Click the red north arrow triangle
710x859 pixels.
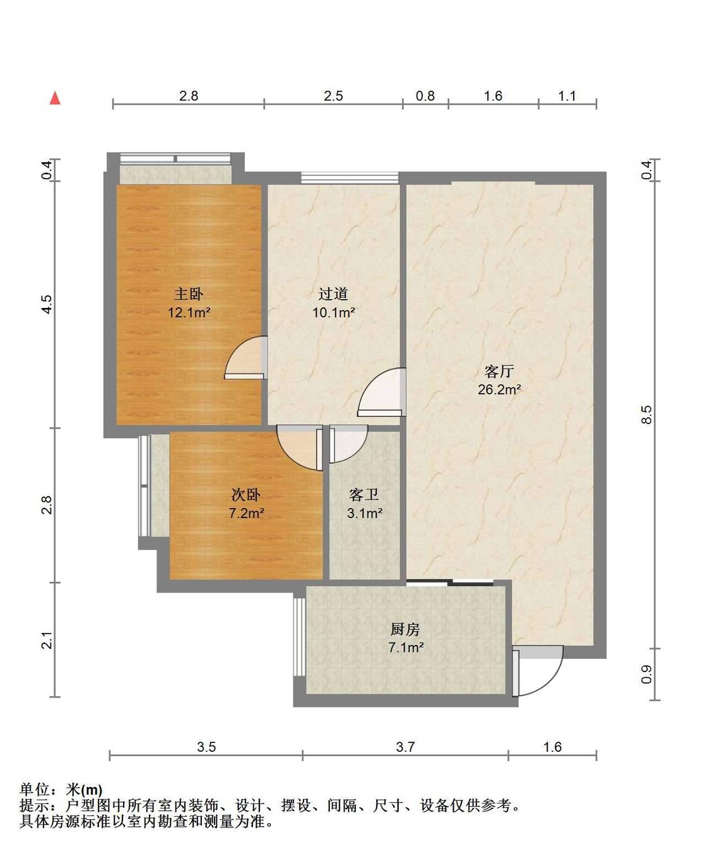(x=55, y=98)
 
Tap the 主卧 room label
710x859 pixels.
(x=189, y=293)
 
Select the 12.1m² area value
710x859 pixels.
(x=189, y=312)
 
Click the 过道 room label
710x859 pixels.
(x=333, y=293)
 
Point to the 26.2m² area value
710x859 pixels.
(x=499, y=389)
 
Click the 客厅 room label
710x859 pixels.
(x=499, y=371)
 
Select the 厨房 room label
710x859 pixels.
(x=406, y=629)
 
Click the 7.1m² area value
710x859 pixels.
(x=406, y=648)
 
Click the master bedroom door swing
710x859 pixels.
(x=245, y=357)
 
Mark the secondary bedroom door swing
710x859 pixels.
(x=300, y=447)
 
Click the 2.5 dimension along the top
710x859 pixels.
(x=333, y=96)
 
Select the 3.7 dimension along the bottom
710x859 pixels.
(x=405, y=747)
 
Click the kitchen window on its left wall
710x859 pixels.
(x=299, y=636)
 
